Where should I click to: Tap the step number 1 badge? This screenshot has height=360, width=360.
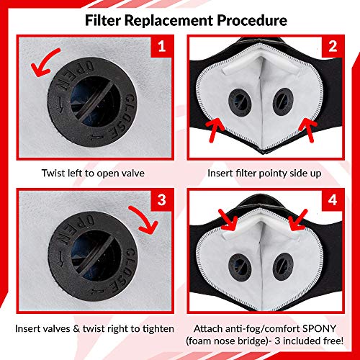click(162, 46)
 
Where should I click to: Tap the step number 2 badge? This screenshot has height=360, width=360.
click(333, 46)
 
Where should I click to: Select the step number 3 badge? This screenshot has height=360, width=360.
click(162, 200)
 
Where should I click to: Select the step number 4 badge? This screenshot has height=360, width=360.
click(333, 200)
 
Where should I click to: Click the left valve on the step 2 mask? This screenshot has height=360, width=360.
click(240, 101)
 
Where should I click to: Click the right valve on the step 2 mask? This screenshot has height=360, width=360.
click(283, 102)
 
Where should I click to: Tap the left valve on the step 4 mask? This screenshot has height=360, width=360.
click(240, 266)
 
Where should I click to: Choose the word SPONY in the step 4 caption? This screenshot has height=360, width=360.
click(319, 328)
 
